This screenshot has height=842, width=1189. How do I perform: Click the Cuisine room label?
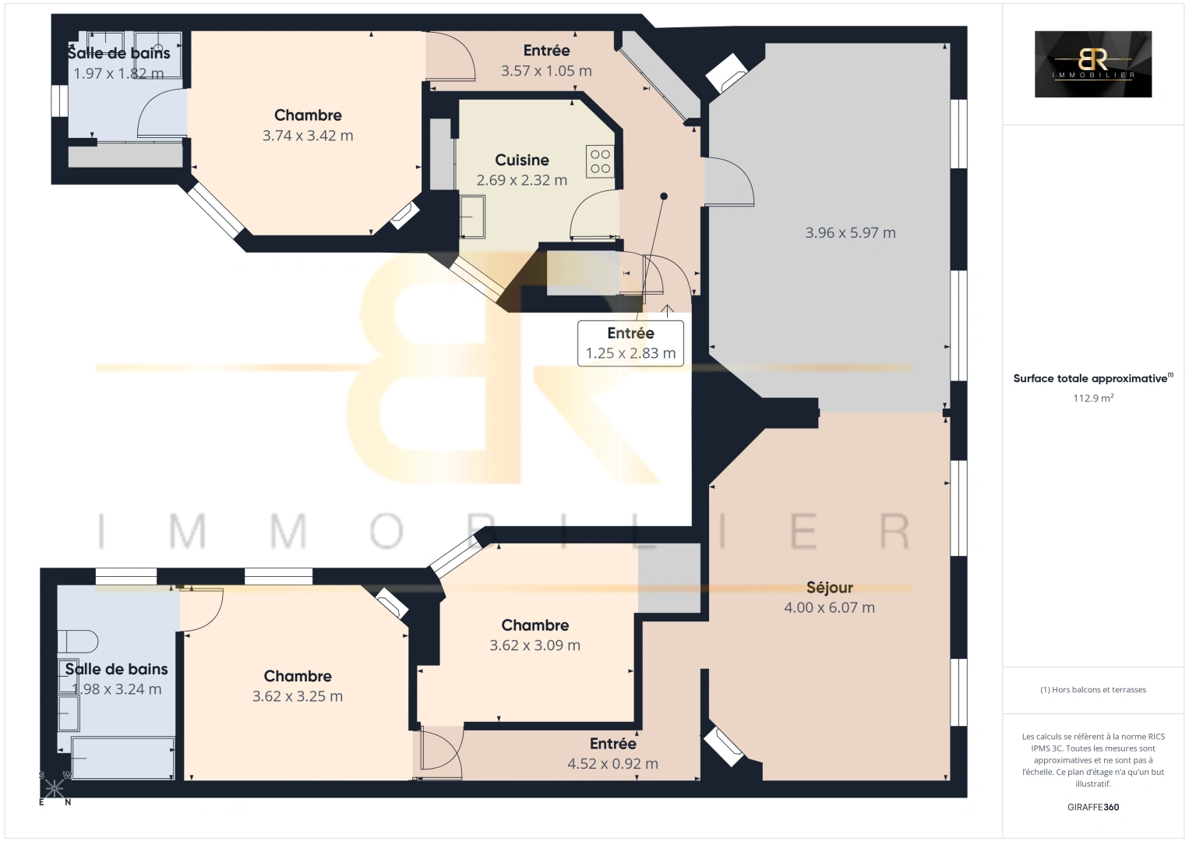coord(521,160)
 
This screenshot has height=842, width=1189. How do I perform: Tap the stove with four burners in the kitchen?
coord(600,161)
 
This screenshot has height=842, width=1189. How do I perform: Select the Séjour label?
coord(829,587)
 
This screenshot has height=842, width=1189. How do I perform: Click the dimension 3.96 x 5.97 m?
coord(850,232)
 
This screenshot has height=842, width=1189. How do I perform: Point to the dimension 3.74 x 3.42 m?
coord(308,136)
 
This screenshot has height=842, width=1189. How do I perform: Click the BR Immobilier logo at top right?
coord(1092,64)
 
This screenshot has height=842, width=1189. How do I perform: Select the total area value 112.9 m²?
coord(1092,398)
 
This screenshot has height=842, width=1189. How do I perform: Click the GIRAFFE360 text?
coord(1092,807)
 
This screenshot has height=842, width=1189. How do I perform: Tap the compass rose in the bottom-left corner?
coord(55,788)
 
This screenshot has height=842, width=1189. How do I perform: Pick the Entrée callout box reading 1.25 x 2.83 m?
coord(630,343)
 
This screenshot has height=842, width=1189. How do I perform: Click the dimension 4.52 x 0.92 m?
coord(612,764)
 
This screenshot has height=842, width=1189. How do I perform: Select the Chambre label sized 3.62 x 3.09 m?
coord(535,625)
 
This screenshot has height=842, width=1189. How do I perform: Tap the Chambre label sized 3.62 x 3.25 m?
coord(298,676)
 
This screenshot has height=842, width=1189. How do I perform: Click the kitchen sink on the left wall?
coord(472,216)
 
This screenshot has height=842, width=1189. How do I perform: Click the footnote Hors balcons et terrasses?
coord(1092,689)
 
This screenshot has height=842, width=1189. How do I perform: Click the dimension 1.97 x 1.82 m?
coord(118,74)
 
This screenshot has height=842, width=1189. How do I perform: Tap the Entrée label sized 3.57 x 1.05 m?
coord(546,51)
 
